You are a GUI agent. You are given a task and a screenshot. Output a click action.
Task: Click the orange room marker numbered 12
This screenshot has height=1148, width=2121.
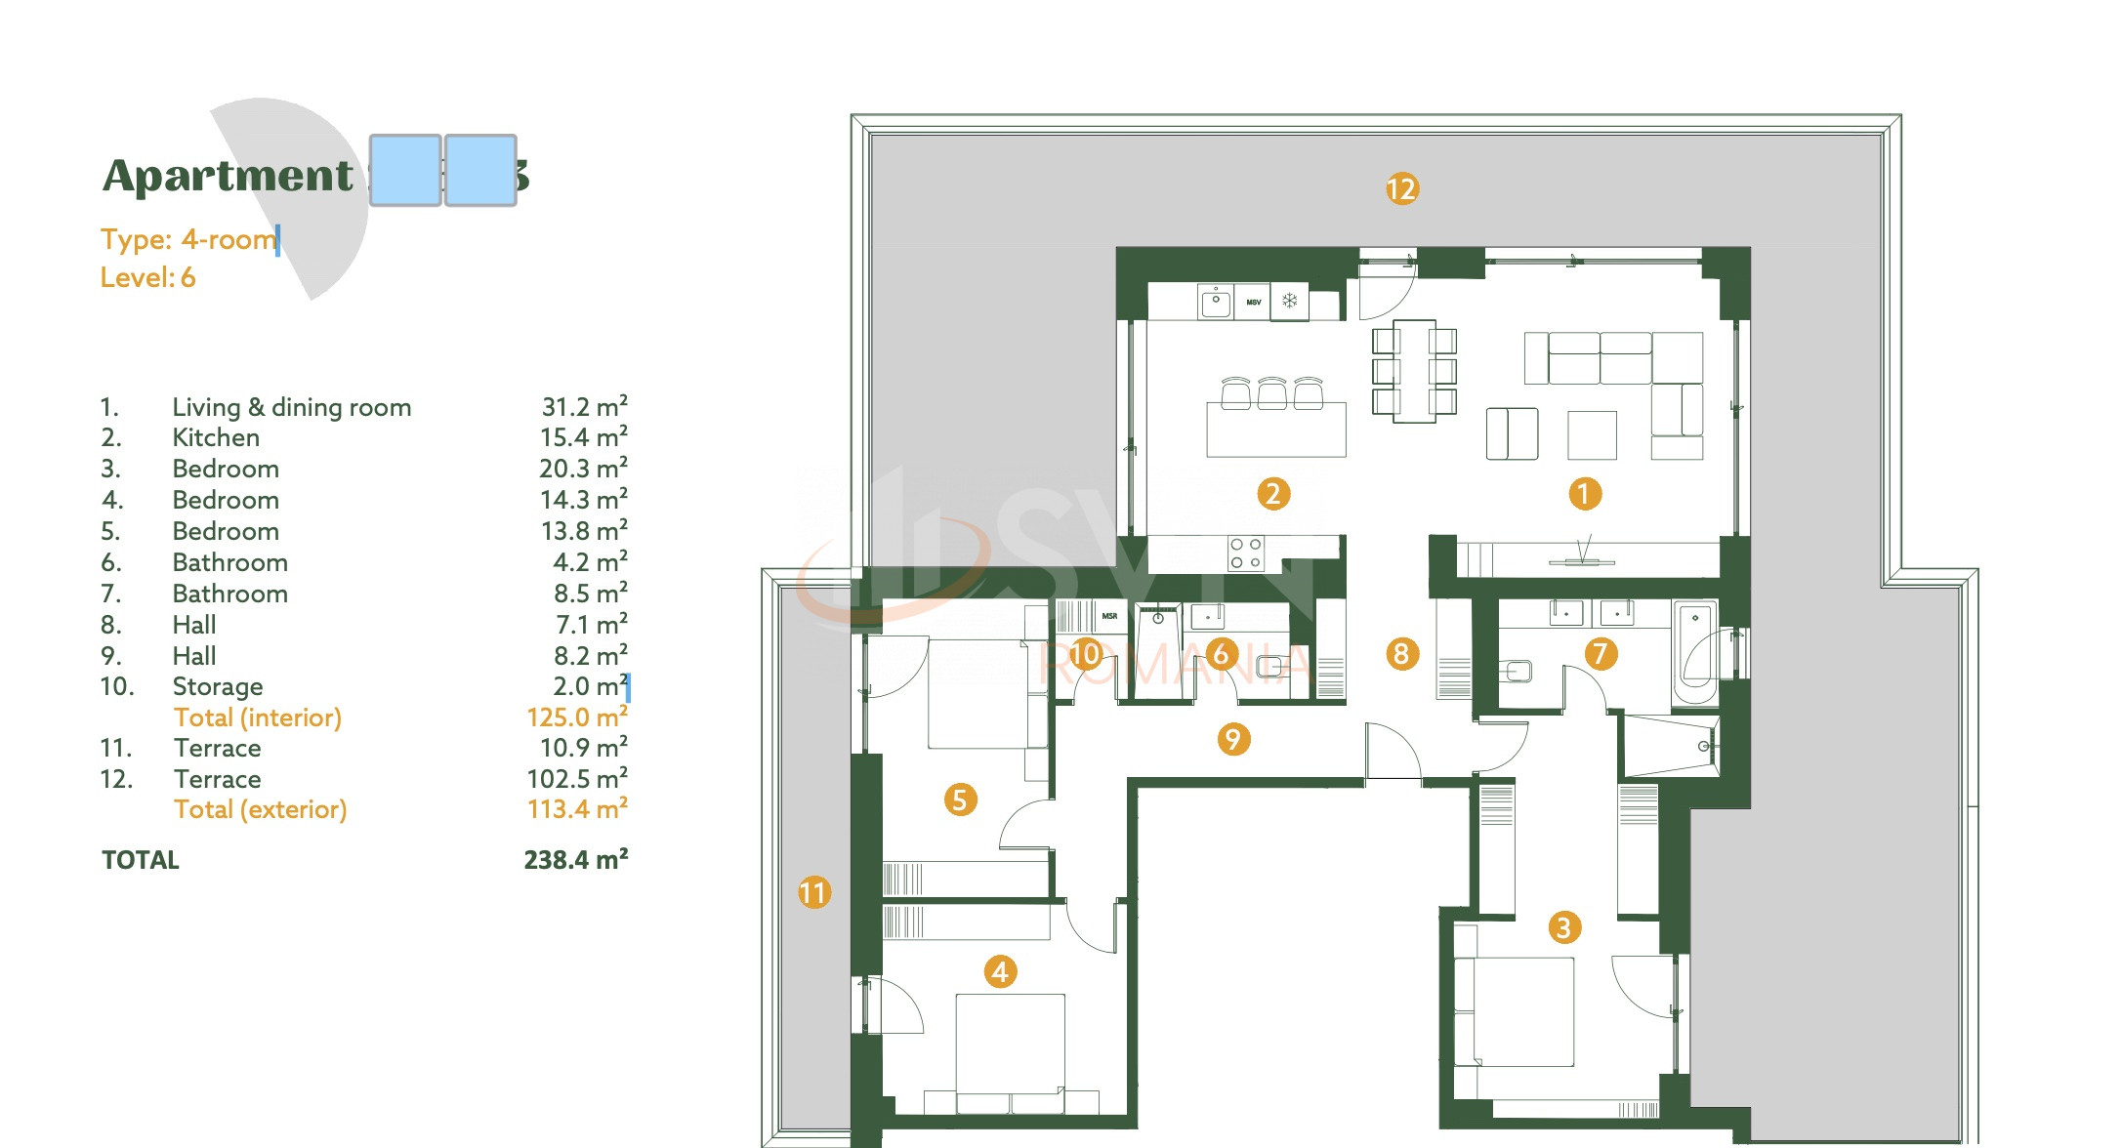coord(1401,188)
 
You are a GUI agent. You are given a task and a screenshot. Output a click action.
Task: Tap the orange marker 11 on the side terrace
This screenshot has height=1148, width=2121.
coord(813,892)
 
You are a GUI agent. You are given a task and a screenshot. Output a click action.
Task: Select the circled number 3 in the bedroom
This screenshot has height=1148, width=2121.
coord(1563,927)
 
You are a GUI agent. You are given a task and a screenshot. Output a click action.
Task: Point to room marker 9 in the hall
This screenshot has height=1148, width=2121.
coord(1233,739)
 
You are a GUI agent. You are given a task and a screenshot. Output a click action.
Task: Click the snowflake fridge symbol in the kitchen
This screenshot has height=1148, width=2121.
coord(1290,301)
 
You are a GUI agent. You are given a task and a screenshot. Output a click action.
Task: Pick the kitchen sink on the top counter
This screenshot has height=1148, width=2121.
coord(1215,301)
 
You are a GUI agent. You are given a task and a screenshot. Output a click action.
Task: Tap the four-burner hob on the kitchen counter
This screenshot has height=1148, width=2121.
coord(1245,553)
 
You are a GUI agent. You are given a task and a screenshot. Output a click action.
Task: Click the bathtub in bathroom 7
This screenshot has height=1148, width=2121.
coord(1695,652)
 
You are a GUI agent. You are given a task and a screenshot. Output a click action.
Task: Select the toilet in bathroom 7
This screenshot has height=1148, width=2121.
coord(1517,671)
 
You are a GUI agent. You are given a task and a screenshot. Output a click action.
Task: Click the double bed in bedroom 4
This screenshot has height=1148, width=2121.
coord(1010,1050)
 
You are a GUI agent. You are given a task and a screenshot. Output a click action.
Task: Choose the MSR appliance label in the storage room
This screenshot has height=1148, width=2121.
coord(1109,616)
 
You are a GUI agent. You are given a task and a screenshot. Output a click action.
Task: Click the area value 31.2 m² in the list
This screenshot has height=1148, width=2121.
coord(584,407)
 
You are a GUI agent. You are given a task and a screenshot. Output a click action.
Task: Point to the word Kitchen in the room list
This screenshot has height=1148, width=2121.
coord(216,438)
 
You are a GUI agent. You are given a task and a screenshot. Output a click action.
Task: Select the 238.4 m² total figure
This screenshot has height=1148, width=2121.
coord(575,860)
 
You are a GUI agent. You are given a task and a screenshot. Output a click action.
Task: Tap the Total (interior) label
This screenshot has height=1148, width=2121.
coord(258,717)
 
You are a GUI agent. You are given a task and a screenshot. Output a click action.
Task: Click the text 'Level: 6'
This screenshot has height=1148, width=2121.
coord(147,278)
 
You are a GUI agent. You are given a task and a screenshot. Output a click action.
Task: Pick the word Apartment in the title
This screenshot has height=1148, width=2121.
coord(228,176)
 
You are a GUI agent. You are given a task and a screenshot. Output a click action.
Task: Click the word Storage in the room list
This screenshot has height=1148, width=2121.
coord(218,687)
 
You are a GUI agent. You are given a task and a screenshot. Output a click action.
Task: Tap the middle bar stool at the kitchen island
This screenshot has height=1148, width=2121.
coord(1271,392)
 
